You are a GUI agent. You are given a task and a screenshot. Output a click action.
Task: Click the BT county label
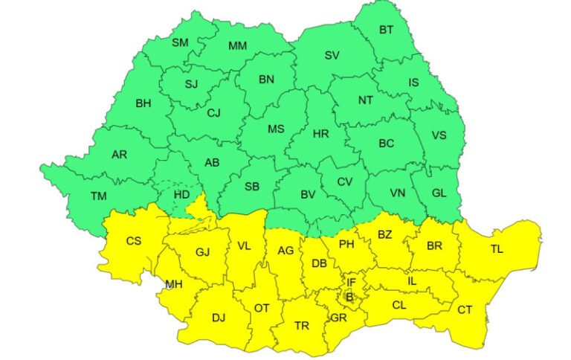(x=387, y=30)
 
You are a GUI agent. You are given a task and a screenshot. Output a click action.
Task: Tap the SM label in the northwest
(x=180, y=42)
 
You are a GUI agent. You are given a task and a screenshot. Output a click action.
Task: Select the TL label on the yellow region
(x=497, y=249)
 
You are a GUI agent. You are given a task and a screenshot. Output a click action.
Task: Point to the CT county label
(x=465, y=309)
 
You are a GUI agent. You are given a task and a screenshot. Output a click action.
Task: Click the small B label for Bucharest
(x=350, y=298)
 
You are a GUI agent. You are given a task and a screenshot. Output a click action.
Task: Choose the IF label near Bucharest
(x=352, y=283)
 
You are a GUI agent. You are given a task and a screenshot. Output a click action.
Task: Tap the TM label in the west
(x=99, y=196)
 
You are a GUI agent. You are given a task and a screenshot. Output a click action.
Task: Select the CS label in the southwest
(x=133, y=240)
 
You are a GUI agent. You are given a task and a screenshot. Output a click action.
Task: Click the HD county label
(x=181, y=194)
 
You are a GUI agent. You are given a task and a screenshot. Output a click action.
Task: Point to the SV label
(x=332, y=55)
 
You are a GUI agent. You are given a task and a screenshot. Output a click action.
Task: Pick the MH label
(x=174, y=284)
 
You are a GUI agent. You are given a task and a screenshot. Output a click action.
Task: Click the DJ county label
(x=218, y=318)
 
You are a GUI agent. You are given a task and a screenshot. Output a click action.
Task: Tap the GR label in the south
(x=339, y=318)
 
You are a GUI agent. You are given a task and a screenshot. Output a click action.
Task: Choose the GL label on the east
(x=439, y=193)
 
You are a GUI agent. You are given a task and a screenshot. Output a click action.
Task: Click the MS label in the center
(x=276, y=129)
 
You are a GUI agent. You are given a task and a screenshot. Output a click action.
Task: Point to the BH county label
(x=143, y=103)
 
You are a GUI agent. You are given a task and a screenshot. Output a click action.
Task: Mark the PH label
(x=346, y=243)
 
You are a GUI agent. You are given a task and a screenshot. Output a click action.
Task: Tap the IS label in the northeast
(x=413, y=83)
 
